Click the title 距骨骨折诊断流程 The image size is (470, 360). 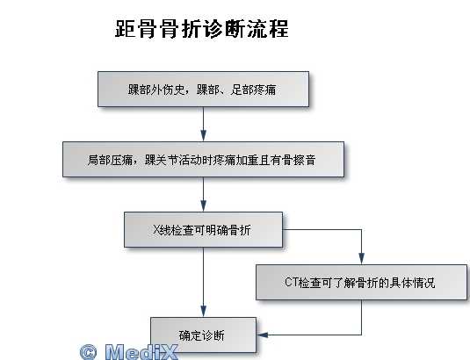pyautogui.click(x=202, y=29)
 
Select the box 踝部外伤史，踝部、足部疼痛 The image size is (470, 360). pyautogui.click(x=203, y=89)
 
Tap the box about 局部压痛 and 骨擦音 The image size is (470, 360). pyautogui.click(x=203, y=159)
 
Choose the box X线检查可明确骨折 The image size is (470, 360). pyautogui.click(x=203, y=230)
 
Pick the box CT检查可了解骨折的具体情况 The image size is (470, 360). pyautogui.click(x=361, y=282)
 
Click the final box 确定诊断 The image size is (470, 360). pyautogui.click(x=203, y=335)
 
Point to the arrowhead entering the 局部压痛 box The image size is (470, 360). pyautogui.click(x=203, y=136)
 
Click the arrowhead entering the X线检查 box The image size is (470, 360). pyautogui.click(x=203, y=206)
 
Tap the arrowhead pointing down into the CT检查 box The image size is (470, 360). pyautogui.click(x=361, y=259)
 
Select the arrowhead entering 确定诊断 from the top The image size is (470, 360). pyautogui.click(x=203, y=312)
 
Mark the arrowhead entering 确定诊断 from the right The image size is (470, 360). pyautogui.click(x=262, y=335)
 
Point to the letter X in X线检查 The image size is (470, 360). pyautogui.click(x=156, y=230)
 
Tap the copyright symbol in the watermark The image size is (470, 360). pyautogui.click(x=89, y=352)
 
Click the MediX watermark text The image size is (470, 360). pyautogui.click(x=141, y=351)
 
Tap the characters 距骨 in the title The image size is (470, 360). pyautogui.click(x=135, y=29)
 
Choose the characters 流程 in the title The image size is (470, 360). pyautogui.click(x=268, y=29)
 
